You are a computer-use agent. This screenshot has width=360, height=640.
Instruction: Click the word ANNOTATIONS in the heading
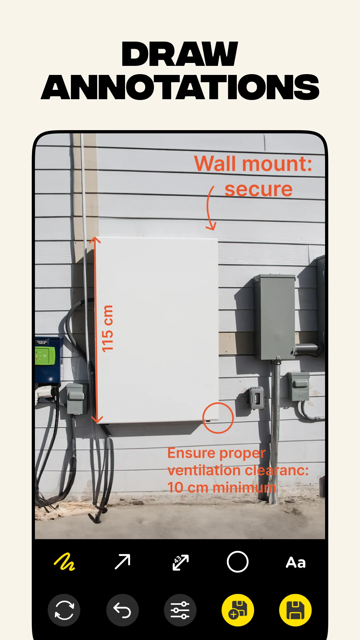(x=180, y=87)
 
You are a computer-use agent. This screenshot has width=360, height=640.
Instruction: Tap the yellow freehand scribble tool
(x=64, y=562)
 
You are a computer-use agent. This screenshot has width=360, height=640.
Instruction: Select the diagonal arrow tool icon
(x=122, y=562)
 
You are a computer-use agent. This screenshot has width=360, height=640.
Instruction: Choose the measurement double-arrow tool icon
(x=181, y=562)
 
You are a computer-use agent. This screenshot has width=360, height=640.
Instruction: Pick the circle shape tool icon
(x=238, y=562)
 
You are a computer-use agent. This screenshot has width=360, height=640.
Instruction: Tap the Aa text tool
(x=296, y=562)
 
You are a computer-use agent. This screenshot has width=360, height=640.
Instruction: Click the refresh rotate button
(x=64, y=610)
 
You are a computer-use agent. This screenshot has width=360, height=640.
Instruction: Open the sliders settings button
(x=180, y=610)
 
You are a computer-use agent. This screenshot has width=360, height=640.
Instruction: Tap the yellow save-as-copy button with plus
(x=238, y=610)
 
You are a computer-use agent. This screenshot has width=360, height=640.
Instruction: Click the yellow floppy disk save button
(x=295, y=610)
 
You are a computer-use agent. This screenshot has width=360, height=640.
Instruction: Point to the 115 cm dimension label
(x=107, y=329)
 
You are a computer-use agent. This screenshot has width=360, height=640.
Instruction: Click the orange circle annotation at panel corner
(x=218, y=418)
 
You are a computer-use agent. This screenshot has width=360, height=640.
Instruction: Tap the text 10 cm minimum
(x=221, y=488)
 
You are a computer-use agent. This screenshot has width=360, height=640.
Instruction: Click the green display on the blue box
(x=45, y=356)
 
